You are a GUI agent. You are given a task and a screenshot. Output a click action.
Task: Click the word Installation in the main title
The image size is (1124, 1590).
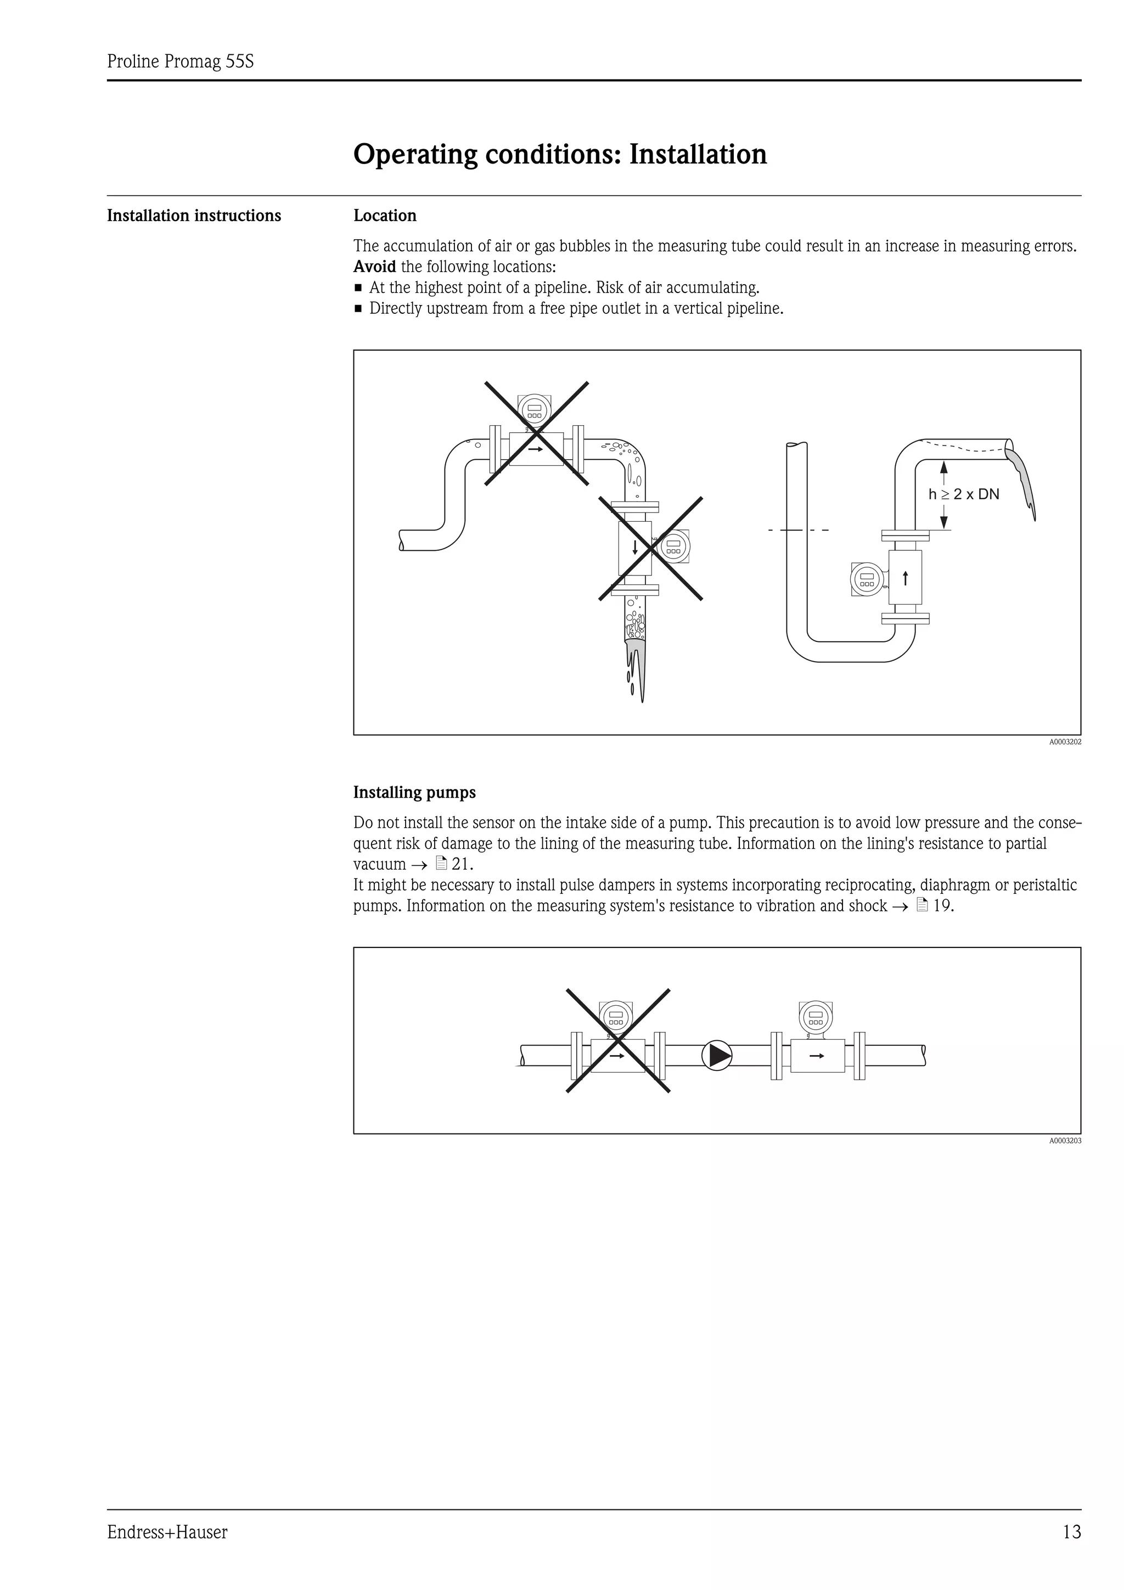[x=698, y=154]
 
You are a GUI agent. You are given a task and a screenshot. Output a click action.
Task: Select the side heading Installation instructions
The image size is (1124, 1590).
[x=194, y=216]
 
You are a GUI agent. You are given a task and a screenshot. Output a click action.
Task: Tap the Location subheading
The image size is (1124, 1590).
[x=385, y=216]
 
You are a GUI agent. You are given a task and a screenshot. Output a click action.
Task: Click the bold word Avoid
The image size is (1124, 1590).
[x=375, y=267]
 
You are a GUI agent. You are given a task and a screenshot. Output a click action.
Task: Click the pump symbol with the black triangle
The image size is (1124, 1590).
[x=717, y=1056]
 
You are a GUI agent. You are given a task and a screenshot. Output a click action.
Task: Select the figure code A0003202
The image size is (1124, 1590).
[x=1064, y=742]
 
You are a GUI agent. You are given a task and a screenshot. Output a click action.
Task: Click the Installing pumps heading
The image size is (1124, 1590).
[x=414, y=792]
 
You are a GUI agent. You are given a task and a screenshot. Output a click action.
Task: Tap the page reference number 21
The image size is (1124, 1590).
[x=460, y=864]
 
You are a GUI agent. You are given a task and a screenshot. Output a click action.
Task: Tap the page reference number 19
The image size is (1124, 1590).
[x=942, y=906]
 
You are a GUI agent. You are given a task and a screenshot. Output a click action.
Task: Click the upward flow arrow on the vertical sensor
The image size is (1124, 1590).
[x=905, y=578]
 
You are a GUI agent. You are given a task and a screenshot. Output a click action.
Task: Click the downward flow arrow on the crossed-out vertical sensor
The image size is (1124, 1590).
[x=635, y=548]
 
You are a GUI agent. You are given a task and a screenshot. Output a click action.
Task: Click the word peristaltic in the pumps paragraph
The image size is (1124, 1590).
[x=1042, y=885]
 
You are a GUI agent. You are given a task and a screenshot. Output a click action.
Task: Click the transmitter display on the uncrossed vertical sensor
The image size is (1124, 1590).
[x=867, y=578]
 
